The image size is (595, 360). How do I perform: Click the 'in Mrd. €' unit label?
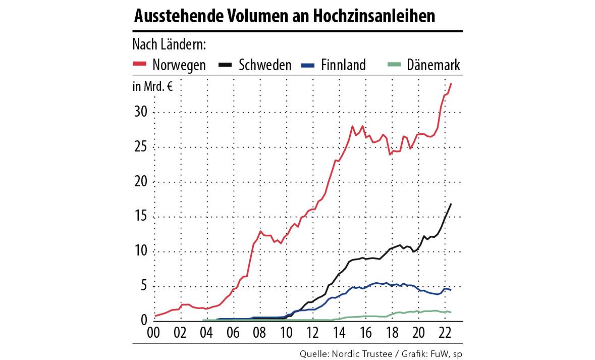point(152,87)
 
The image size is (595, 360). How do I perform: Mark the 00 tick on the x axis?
point(153,333)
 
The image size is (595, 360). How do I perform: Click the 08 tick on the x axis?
point(259,333)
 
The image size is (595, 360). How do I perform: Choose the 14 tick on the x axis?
point(339,333)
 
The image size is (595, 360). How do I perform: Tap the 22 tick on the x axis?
point(445,333)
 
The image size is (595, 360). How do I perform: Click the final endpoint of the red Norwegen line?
point(451,83)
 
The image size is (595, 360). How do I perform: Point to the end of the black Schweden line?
point(451,204)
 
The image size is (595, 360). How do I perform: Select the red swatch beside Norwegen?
point(139,64)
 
